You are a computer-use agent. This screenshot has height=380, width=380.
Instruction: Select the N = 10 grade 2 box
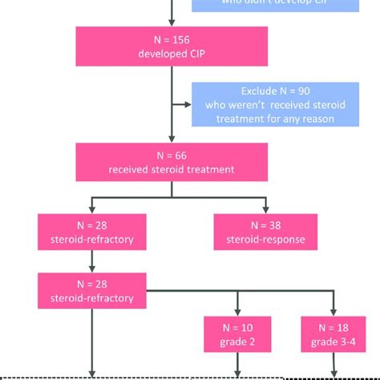pos(236,334)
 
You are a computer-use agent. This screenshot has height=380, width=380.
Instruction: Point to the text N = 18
pos(333,327)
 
